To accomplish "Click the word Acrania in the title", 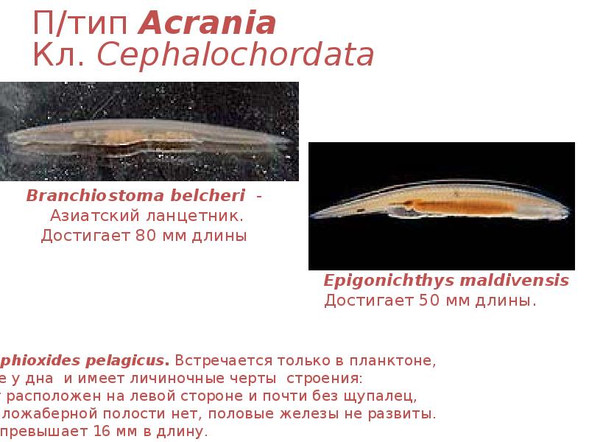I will coord(208,24).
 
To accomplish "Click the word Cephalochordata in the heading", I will coord(236,56).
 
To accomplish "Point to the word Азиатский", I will coord(87,217).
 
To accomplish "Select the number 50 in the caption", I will coord(429,300).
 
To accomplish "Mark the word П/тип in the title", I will coord(83,24).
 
